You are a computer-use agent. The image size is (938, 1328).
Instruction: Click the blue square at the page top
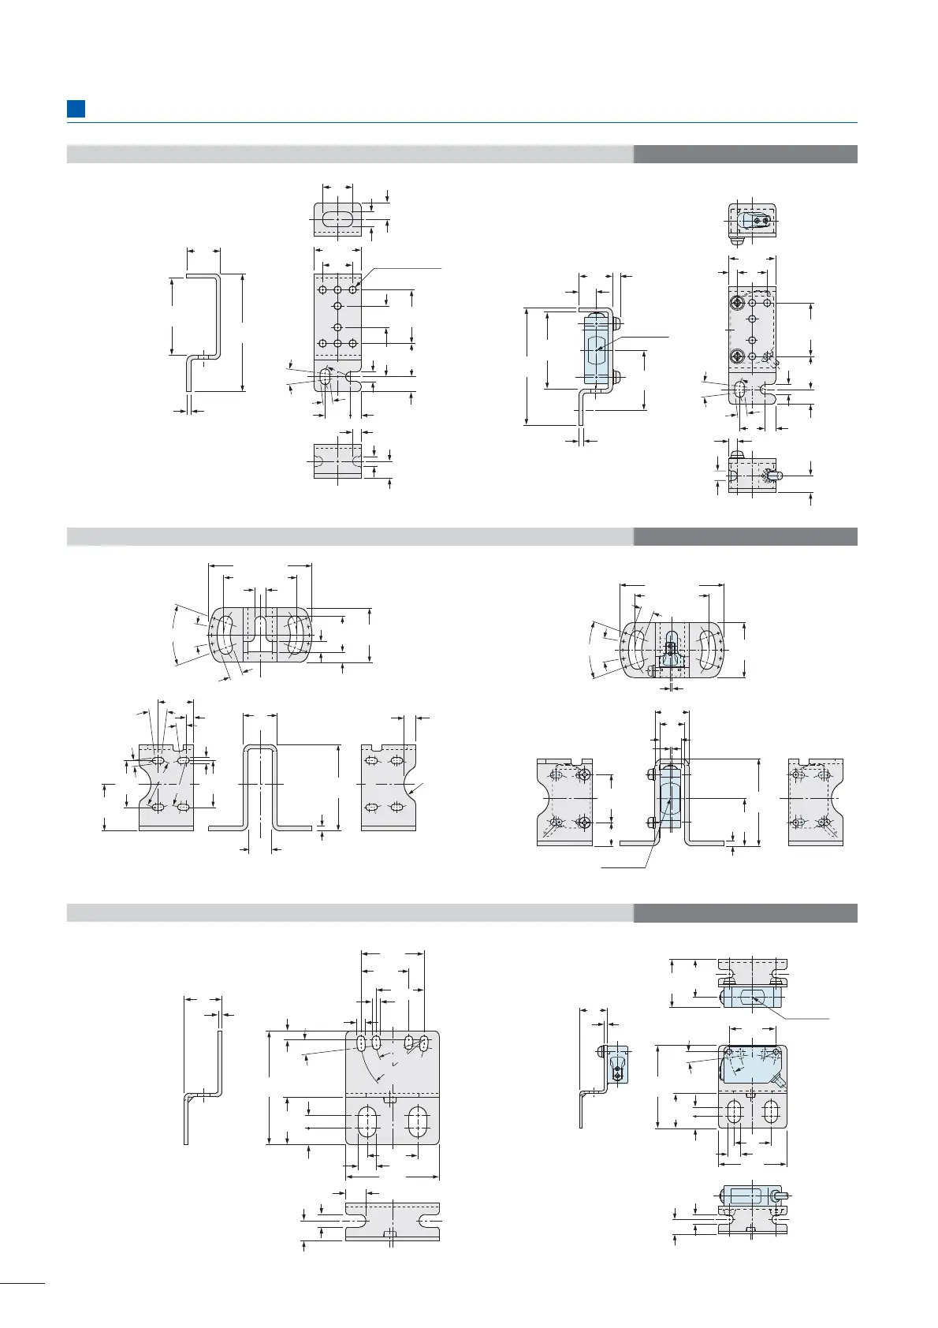pyautogui.click(x=76, y=109)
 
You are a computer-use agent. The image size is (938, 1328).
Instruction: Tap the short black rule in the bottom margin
pyautogui.click(x=23, y=1285)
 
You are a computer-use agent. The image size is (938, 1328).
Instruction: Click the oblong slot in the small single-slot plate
pyautogui.click(x=337, y=218)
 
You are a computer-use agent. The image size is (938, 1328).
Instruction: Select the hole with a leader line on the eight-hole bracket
pyautogui.click(x=353, y=289)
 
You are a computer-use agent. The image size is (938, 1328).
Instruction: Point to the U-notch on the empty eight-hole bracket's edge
pyautogui.click(x=354, y=383)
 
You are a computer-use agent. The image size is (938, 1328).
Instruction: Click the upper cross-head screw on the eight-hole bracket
pyautogui.click(x=736, y=303)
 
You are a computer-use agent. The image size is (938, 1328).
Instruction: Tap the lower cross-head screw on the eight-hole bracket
pyautogui.click(x=736, y=356)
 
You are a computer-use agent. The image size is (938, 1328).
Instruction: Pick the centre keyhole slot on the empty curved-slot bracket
pyautogui.click(x=260, y=627)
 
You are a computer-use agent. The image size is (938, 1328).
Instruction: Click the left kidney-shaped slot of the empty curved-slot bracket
pyautogui.click(x=224, y=634)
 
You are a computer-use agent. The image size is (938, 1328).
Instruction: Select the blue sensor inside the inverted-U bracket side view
pyautogui.click(x=668, y=796)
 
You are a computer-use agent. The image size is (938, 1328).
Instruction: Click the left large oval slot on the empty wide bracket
pyautogui.click(x=367, y=1121)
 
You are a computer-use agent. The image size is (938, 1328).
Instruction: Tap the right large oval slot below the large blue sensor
pyautogui.click(x=771, y=1112)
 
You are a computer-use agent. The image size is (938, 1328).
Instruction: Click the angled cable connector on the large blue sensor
pyautogui.click(x=778, y=1081)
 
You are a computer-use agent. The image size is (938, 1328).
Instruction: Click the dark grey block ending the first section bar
pyautogui.click(x=745, y=154)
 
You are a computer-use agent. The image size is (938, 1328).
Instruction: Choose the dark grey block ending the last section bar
pyautogui.click(x=745, y=913)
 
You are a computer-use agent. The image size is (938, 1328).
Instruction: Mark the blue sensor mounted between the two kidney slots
pyautogui.click(x=671, y=653)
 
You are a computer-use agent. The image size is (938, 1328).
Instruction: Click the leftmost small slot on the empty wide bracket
pyautogui.click(x=361, y=1043)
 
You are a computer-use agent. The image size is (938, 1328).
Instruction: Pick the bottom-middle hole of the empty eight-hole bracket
pyautogui.click(x=337, y=343)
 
